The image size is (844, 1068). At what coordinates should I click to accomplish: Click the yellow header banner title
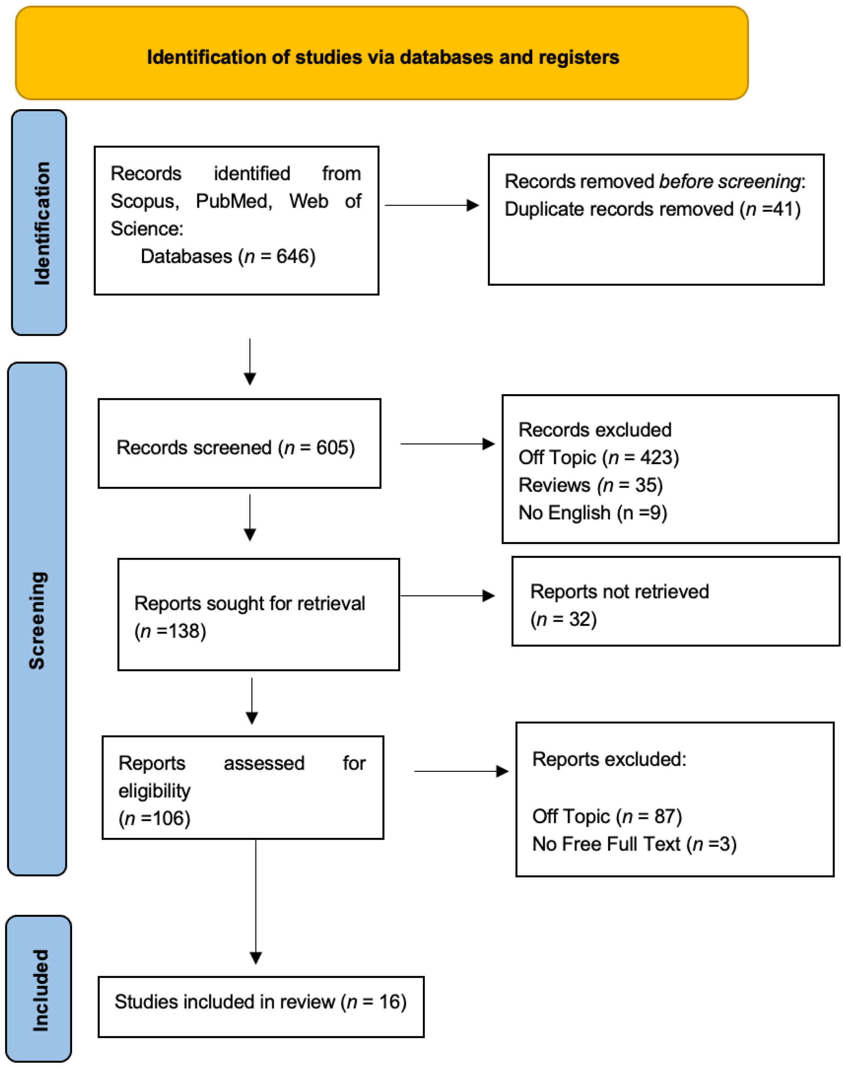click(x=383, y=57)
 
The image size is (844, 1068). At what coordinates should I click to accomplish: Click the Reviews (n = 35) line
click(x=590, y=485)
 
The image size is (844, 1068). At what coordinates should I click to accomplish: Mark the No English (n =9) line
click(x=593, y=513)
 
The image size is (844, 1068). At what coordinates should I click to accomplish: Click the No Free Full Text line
click(x=634, y=844)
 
